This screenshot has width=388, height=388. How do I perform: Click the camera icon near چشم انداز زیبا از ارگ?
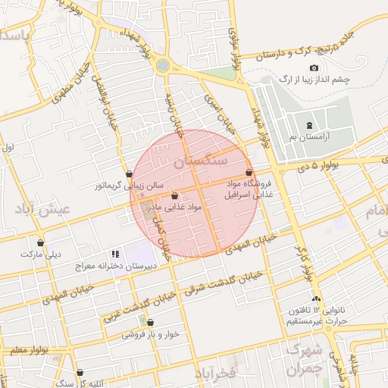314,68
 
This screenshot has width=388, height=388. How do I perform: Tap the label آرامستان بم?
309,137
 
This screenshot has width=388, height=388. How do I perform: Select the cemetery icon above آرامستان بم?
308,125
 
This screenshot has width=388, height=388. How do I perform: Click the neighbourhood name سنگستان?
200,161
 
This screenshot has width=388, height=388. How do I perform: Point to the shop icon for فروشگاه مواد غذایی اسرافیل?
249,174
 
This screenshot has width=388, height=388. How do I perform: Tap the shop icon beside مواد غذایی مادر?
175,196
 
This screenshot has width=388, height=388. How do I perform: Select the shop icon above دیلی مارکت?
40,243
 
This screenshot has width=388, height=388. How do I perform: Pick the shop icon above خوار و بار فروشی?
150,322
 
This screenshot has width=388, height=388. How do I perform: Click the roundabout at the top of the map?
162,66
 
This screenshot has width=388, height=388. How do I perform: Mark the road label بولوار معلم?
24,350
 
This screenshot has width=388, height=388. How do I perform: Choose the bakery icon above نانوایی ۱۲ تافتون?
316,299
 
